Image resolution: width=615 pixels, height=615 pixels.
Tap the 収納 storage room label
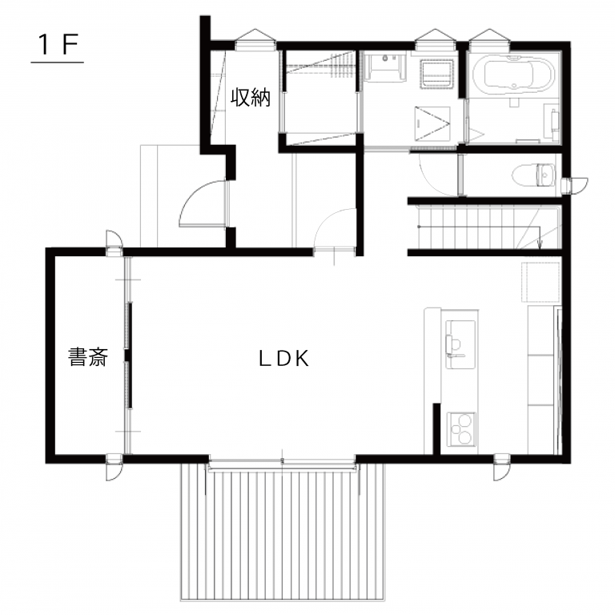(250, 97)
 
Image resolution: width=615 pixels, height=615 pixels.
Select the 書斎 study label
(88, 357)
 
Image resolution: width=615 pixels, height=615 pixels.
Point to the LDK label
(284, 359)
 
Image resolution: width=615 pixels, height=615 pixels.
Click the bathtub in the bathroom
(512, 74)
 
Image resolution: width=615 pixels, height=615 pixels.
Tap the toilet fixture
(533, 175)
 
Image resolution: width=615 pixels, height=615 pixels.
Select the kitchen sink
(460, 344)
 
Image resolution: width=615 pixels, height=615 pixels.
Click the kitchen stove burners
(461, 428)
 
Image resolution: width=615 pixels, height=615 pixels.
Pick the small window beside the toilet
(574, 186)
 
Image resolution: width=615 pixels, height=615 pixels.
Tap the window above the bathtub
(488, 39)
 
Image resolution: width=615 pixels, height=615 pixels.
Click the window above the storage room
(255, 39)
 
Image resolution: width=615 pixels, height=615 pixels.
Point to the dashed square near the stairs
(541, 282)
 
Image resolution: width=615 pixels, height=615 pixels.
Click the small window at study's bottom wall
(115, 467)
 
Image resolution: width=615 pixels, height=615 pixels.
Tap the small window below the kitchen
(501, 467)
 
